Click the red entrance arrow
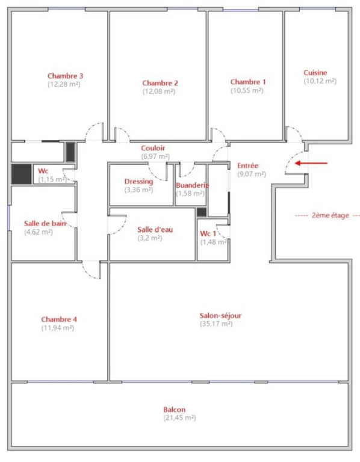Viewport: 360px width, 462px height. point(311,163)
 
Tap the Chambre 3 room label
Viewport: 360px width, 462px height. point(66,76)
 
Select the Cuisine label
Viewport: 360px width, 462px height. point(315,72)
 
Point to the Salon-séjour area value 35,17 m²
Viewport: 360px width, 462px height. point(216,324)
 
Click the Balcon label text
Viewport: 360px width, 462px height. point(174,410)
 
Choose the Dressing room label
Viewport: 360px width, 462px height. point(138,182)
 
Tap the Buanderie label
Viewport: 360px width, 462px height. point(192,185)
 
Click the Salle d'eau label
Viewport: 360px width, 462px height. point(155,230)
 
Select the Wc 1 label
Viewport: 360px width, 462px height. point(208,233)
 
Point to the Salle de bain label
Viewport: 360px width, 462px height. point(45,224)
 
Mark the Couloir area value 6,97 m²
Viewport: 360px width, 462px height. point(155,156)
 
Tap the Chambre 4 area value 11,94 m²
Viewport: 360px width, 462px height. point(58,328)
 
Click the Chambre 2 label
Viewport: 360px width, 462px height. point(160,83)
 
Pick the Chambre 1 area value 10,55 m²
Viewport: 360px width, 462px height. point(247,90)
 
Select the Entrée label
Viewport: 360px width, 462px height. point(247,165)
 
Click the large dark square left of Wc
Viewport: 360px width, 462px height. point(22,174)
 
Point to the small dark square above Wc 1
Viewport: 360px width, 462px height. point(202,212)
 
